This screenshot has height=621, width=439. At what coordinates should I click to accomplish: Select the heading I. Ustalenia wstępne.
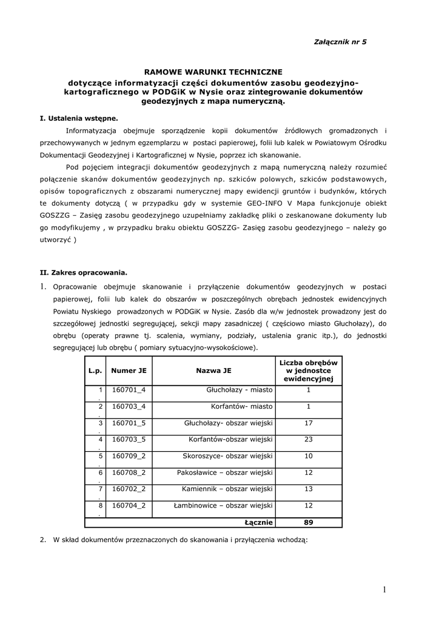[x=79, y=118]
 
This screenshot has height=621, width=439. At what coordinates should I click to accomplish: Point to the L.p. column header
[x=95, y=370]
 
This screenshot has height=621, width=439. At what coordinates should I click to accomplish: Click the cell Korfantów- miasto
[x=242, y=406]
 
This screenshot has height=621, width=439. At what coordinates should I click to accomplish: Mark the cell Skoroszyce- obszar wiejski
[x=227, y=455]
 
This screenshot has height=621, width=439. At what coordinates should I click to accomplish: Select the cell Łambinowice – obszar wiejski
[x=223, y=505]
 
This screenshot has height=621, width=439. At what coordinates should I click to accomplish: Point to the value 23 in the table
[x=308, y=439]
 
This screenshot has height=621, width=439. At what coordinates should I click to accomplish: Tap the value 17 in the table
[x=308, y=423]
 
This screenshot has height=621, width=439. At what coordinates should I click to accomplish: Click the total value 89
[x=308, y=522]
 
